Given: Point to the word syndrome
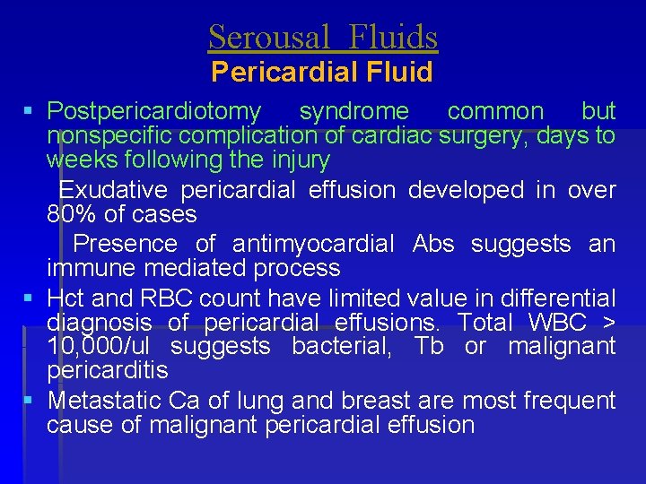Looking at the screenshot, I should pos(354,112).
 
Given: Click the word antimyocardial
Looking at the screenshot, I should pos(313,244).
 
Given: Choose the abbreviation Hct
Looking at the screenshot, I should pos(67,298).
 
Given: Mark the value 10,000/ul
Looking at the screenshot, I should pos(98,347).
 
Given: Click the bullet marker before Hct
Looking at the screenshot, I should pos(30,298).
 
